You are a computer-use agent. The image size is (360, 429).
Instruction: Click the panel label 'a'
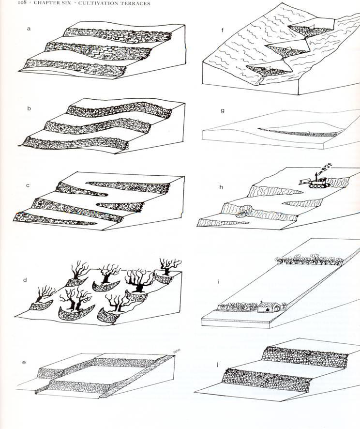(29, 29)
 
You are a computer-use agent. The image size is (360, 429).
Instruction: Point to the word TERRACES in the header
(134, 3)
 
